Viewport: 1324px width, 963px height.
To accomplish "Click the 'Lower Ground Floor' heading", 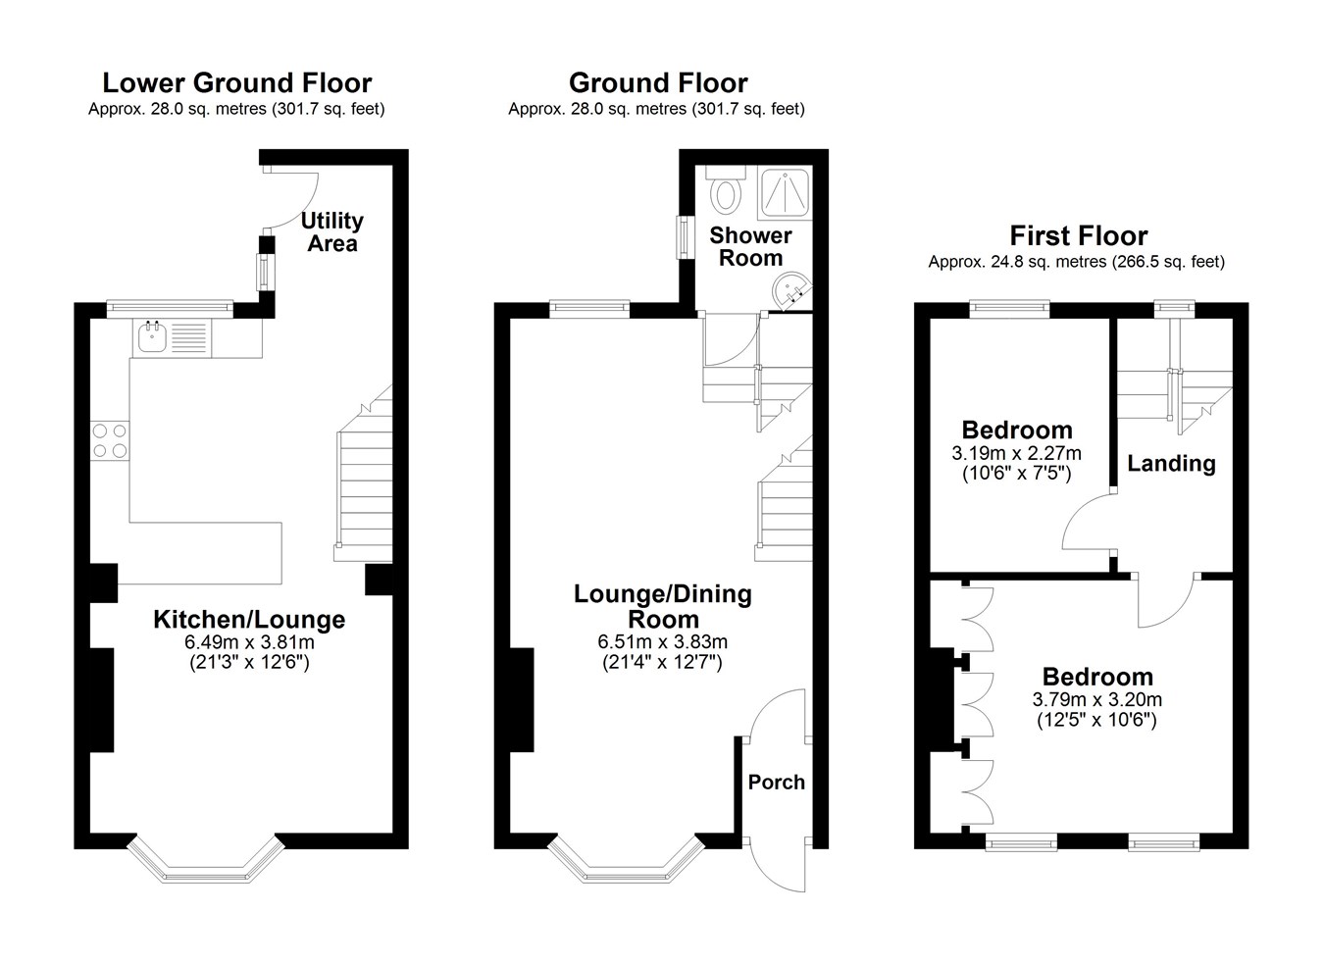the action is click(x=237, y=82).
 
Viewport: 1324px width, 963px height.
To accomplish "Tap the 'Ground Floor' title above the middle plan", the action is click(x=658, y=82).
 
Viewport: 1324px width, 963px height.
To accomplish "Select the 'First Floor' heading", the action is click(x=1078, y=236).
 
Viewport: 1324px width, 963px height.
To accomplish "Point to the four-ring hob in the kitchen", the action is click(x=110, y=440).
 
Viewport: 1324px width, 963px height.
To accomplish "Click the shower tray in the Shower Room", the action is click(x=785, y=193).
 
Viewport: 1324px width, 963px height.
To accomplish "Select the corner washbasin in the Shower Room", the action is click(x=792, y=291).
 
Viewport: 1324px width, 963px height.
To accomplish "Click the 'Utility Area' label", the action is click(x=332, y=231).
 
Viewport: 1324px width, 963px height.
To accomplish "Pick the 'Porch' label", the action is click(x=776, y=783).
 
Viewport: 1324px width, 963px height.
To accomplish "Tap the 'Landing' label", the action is click(x=1171, y=464).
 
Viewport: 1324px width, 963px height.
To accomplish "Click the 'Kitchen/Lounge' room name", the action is click(x=249, y=620).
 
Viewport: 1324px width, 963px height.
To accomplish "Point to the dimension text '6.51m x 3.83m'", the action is click(x=662, y=641).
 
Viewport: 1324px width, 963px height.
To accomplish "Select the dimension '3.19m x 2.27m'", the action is click(x=1016, y=453).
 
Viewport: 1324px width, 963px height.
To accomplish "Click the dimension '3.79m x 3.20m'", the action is click(x=1097, y=700).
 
